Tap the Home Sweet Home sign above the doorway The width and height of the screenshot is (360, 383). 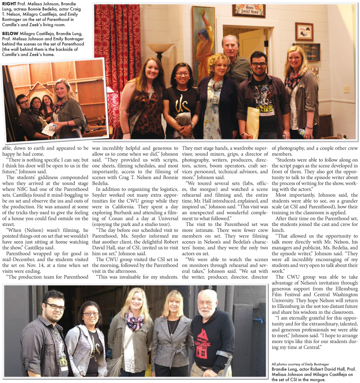(248, 10)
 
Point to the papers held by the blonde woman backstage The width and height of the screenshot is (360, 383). (50, 129)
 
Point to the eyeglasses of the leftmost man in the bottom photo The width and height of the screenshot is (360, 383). (54, 307)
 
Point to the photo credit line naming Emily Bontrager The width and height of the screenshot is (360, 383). (296, 364)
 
